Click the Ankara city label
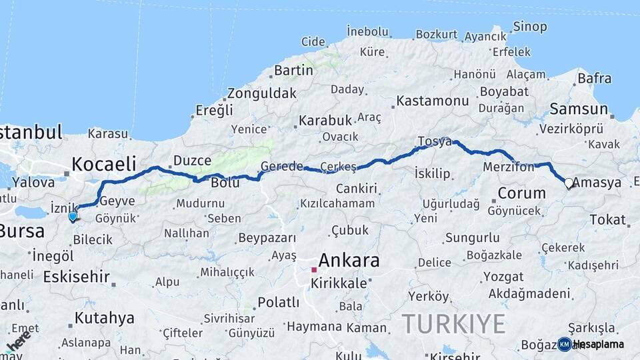click(349, 260)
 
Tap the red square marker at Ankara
click(313, 270)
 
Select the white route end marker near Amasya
click(568, 183)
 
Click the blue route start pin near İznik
click(73, 216)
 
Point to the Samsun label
click(578, 109)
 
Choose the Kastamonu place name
click(433, 101)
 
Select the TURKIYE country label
click(453, 324)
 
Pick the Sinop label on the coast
click(529, 27)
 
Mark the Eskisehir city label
click(76, 277)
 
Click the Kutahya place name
click(100, 318)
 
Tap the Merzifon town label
click(509, 167)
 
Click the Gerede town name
click(282, 166)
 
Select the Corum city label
click(522, 194)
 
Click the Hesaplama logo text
click(598, 344)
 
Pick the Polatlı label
click(278, 302)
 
